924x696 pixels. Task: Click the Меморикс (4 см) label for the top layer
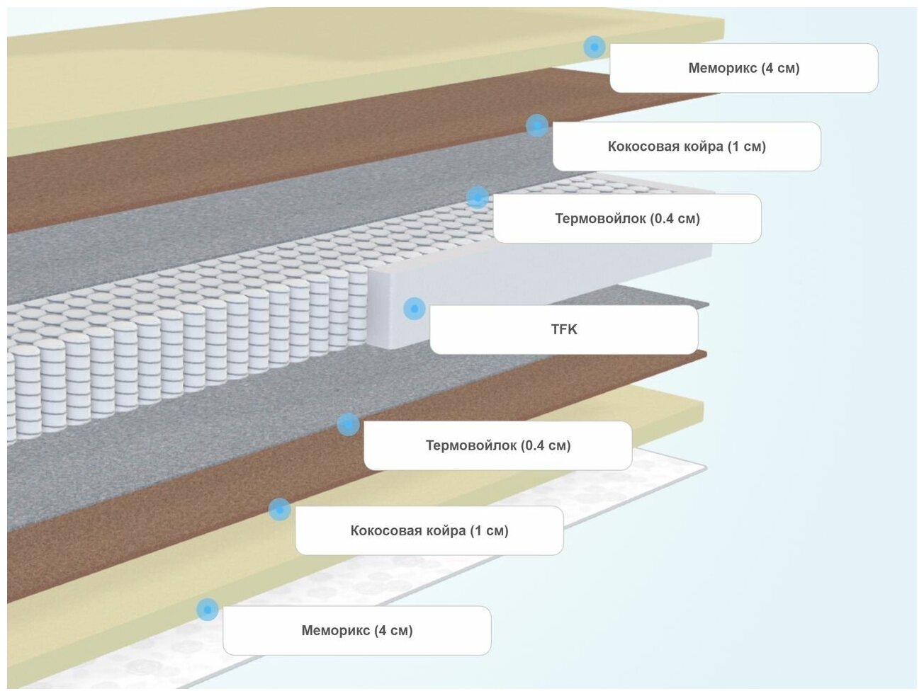tap(743, 68)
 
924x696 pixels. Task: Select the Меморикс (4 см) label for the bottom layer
tap(356, 630)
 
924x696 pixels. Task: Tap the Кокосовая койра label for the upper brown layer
tap(686, 147)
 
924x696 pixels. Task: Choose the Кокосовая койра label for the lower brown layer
tap(429, 530)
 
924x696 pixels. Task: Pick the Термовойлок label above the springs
tap(626, 218)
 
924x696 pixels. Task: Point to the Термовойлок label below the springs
tap(497, 445)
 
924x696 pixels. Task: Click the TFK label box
tap(563, 329)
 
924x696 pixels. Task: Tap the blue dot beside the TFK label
tap(415, 309)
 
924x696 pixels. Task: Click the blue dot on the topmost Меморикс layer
tap(595, 47)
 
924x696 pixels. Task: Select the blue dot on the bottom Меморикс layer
tap(208, 609)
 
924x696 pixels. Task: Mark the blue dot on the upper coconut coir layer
tap(537, 126)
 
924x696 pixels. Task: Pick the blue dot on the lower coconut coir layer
tap(280, 509)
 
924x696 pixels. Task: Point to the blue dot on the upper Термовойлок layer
tap(478, 197)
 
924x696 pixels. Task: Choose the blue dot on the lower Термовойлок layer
tap(348, 425)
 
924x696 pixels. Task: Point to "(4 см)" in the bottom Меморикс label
tap(393, 630)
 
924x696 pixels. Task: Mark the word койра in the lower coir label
tap(446, 530)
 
